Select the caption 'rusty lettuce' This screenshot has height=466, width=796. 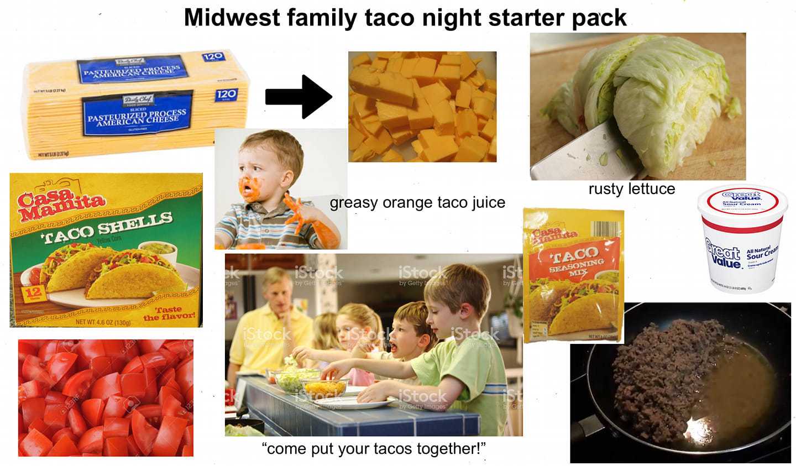pos(631,189)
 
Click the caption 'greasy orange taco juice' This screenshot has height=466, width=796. pos(417,203)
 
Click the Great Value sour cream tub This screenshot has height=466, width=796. pos(741,239)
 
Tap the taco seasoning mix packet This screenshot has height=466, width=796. pos(573,275)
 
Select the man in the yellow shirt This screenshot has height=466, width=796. pos(271,321)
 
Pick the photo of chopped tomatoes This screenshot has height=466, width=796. pos(106,398)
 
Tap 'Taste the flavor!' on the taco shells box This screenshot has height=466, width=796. pos(169,314)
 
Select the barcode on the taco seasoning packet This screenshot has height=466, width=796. pos(606,233)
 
